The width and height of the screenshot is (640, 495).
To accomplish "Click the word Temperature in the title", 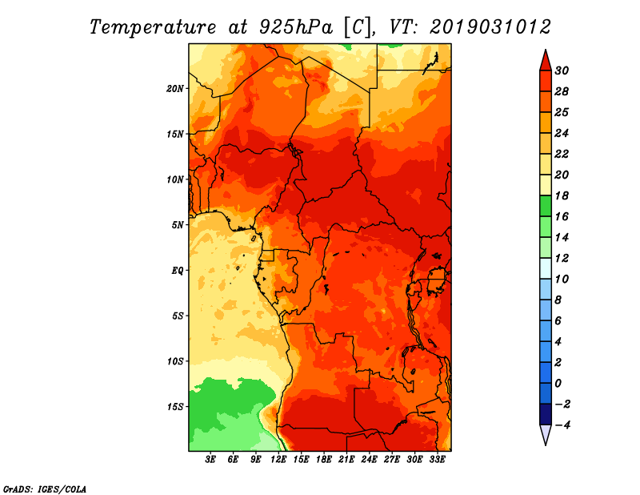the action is click(x=153, y=27).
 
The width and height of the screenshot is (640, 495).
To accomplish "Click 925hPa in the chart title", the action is click(x=296, y=27).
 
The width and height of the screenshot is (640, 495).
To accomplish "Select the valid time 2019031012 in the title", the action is click(x=490, y=27).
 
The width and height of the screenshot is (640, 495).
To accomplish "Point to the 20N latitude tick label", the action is click(x=175, y=89).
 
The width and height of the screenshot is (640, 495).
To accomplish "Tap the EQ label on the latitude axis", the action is click(x=177, y=271).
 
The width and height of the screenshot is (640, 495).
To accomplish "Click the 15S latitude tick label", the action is click(x=175, y=407).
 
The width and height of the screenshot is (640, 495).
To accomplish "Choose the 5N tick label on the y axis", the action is click(x=178, y=225).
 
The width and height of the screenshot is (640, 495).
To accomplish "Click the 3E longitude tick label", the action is click(x=210, y=459).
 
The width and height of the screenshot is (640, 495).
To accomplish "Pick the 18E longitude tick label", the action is click(x=324, y=459).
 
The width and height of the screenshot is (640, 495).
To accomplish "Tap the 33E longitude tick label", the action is click(x=437, y=459).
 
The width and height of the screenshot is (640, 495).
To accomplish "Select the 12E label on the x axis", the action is click(x=278, y=459).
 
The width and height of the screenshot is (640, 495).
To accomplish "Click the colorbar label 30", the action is click(x=562, y=70).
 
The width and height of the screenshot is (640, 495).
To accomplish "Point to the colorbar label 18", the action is click(x=562, y=195).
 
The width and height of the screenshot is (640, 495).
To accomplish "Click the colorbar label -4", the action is click(x=562, y=425).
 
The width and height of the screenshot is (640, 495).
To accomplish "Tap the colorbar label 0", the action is click(x=558, y=384).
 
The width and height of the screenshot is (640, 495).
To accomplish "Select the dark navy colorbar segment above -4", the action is click(x=546, y=414).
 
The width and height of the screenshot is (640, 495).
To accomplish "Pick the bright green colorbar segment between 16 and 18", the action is click(x=546, y=206).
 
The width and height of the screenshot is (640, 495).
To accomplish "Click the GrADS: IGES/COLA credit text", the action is click(x=45, y=489).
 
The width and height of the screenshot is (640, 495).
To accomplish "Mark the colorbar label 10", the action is click(x=562, y=280).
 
